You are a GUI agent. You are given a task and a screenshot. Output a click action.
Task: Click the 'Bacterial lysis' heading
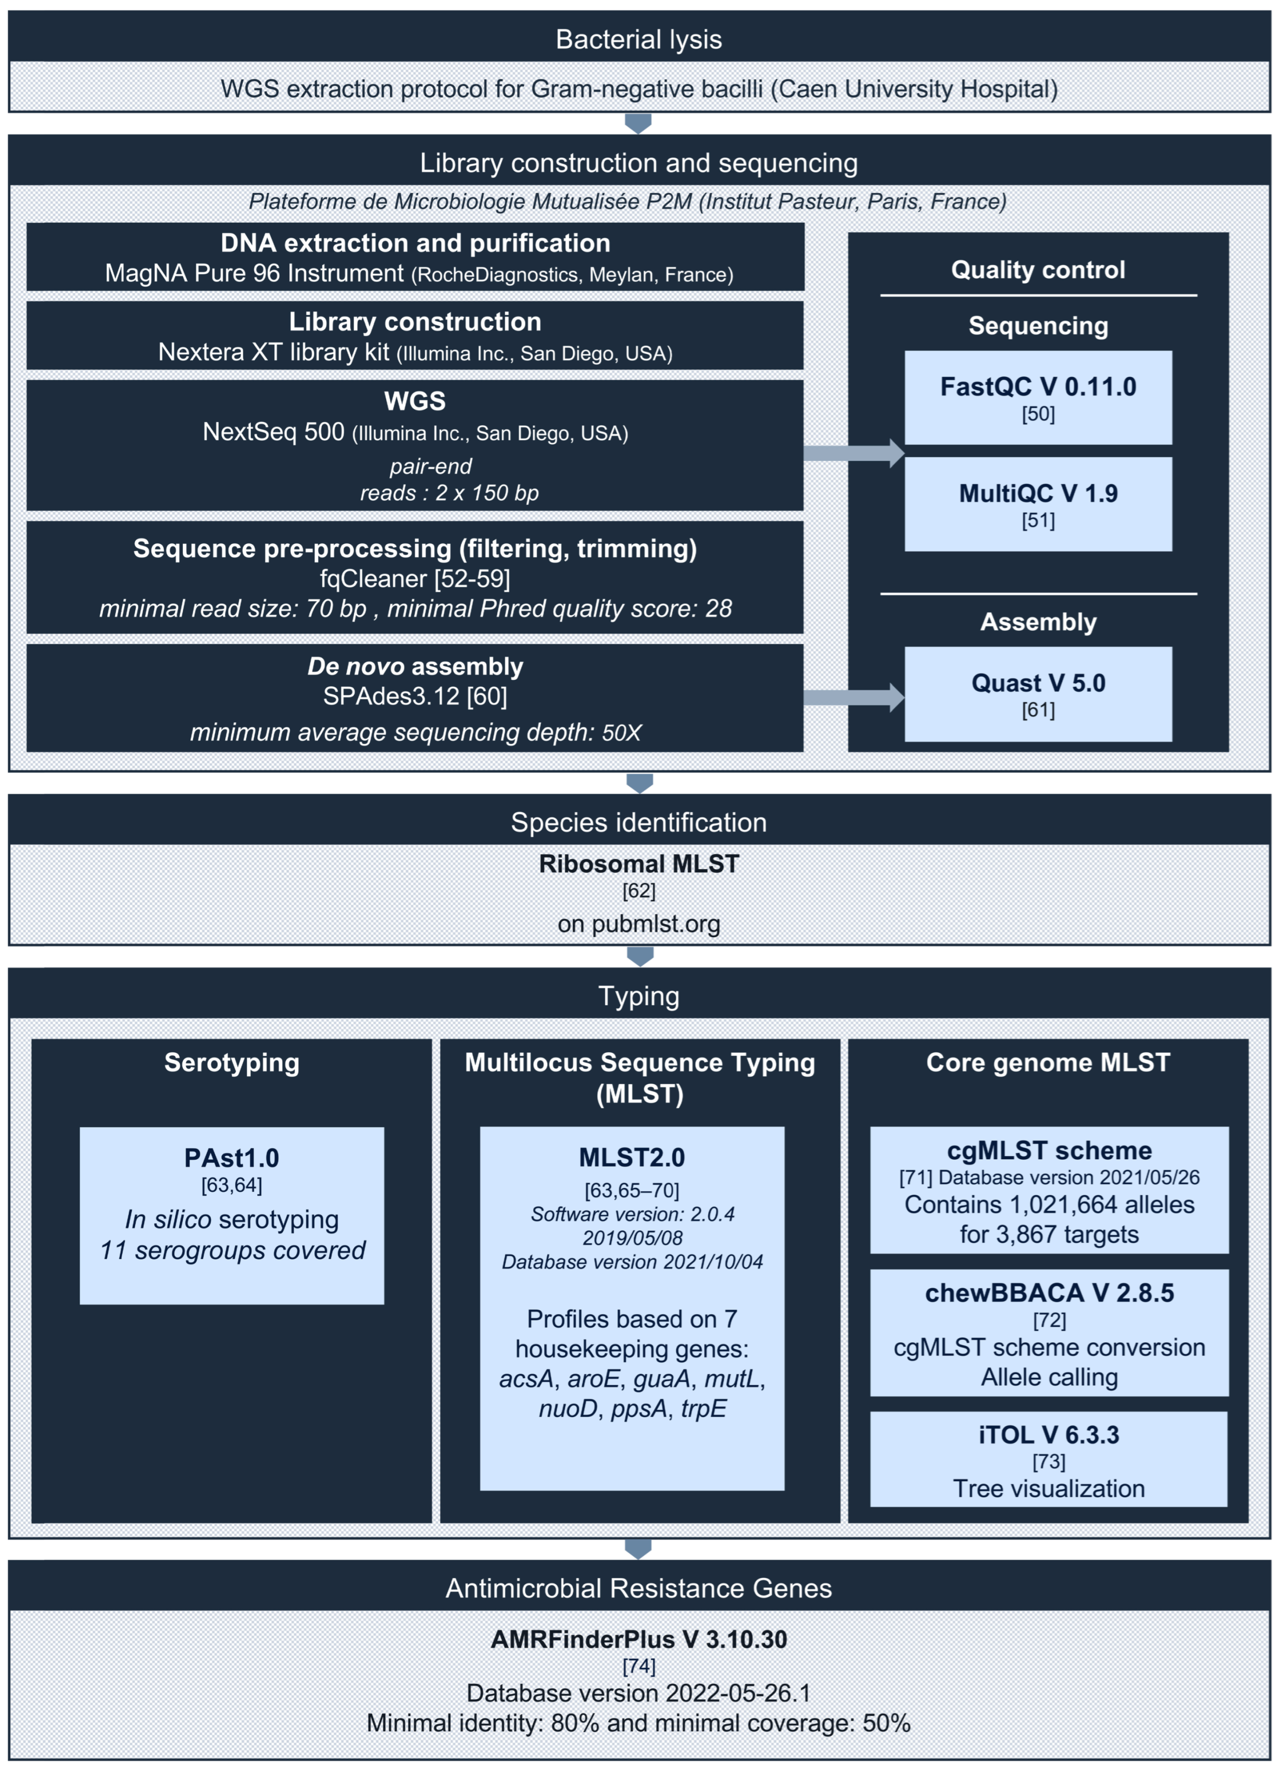pyautogui.click(x=638, y=39)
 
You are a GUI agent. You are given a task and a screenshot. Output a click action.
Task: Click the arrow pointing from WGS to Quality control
pyautogui.click(x=853, y=453)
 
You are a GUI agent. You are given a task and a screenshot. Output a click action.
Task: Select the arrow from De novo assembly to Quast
pyautogui.click(x=853, y=697)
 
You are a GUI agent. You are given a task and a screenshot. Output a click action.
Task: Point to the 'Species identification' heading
pyautogui.click(x=638, y=822)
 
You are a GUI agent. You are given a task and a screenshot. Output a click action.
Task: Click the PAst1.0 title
pyautogui.click(x=232, y=1157)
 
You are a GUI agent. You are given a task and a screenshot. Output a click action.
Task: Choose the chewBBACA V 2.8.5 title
pyautogui.click(x=1049, y=1292)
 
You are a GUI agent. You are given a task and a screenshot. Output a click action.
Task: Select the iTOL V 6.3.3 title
pyautogui.click(x=1049, y=1435)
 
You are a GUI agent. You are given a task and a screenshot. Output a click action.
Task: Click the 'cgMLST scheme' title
pyautogui.click(x=1049, y=1150)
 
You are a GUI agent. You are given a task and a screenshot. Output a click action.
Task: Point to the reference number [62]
pyautogui.click(x=638, y=890)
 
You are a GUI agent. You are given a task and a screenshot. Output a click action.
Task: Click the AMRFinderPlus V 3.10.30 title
pyautogui.click(x=638, y=1639)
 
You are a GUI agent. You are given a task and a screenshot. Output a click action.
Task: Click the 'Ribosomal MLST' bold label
pyautogui.click(x=638, y=863)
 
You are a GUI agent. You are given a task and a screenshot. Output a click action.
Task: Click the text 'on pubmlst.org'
pyautogui.click(x=638, y=924)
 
